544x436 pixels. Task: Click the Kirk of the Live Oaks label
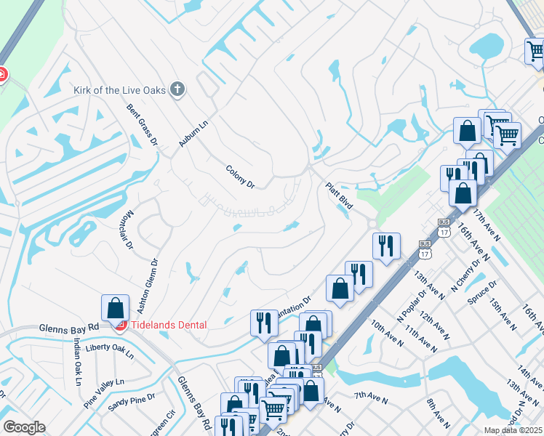coord(119,91)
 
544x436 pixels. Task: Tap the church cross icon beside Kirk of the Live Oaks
coord(177,90)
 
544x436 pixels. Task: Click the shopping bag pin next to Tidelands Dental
coord(116,308)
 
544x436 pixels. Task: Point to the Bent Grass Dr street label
coord(143,124)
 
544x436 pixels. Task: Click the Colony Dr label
coord(240,177)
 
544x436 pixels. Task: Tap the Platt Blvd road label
coord(339,196)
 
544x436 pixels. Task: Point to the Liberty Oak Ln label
coord(109,352)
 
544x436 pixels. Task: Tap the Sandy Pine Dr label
coord(132,399)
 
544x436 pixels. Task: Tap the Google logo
coord(24,427)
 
